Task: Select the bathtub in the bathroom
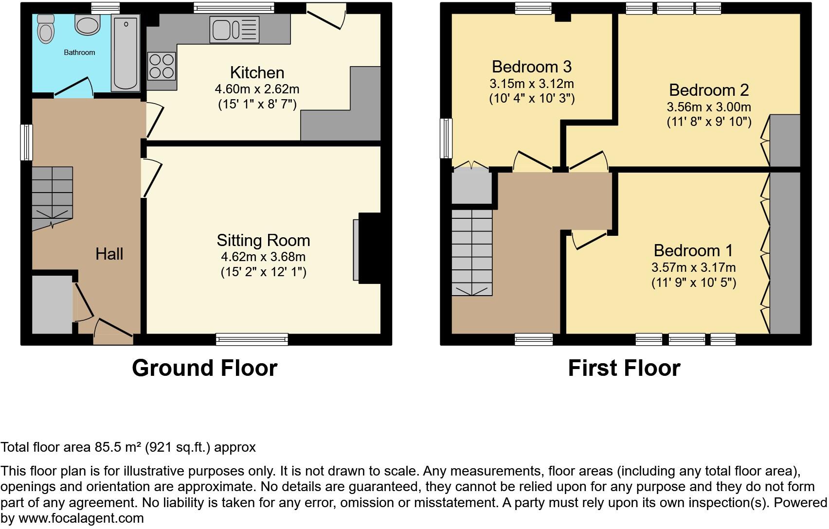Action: tap(126, 53)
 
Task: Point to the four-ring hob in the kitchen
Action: tap(162, 66)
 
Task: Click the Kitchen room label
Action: tap(257, 73)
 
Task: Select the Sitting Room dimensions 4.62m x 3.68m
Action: tap(263, 256)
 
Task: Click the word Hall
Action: tap(109, 254)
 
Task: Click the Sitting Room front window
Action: tap(252, 339)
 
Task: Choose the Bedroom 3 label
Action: tap(531, 67)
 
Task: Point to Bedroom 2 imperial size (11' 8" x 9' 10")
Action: tap(709, 122)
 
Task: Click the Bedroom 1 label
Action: tap(693, 250)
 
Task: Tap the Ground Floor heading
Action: tap(204, 368)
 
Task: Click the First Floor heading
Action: tap(624, 368)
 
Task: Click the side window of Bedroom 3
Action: tap(446, 139)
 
